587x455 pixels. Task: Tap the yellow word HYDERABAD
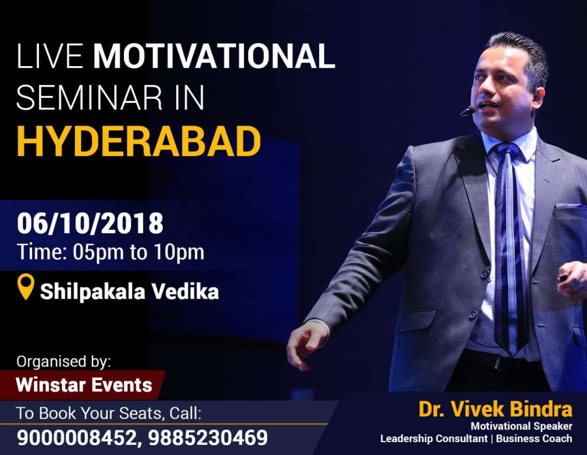(139, 142)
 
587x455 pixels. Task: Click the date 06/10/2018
(90, 224)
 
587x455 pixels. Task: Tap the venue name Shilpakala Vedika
(129, 292)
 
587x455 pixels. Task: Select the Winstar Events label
(84, 385)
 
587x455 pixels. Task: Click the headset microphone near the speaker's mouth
(467, 111)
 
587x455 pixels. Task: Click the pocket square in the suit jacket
(569, 206)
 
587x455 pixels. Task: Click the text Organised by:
(63, 361)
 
